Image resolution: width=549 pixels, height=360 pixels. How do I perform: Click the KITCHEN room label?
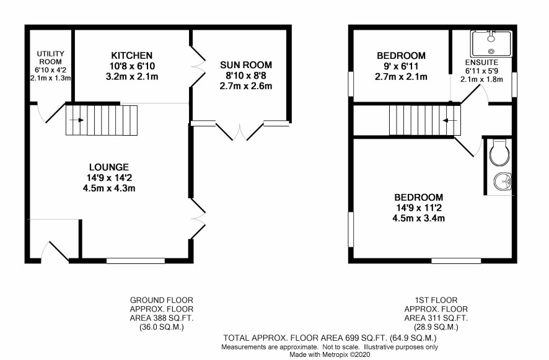pyautogui.click(x=131, y=55)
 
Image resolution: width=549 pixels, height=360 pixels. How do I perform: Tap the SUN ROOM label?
pyautogui.click(x=246, y=65)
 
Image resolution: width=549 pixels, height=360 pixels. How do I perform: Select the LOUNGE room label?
pyautogui.click(x=109, y=167)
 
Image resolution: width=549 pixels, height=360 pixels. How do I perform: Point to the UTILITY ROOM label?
pyautogui.click(x=51, y=58)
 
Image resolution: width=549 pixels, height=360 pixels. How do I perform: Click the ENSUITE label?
pyautogui.click(x=481, y=63)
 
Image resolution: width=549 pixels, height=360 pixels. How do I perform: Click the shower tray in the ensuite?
pyautogui.click(x=491, y=43)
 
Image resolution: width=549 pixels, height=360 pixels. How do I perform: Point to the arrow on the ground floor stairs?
pyautogui.click(x=76, y=120)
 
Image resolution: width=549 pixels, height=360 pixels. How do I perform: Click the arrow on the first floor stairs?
pyautogui.click(x=450, y=120)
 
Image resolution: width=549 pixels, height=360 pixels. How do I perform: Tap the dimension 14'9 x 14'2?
pyautogui.click(x=109, y=178)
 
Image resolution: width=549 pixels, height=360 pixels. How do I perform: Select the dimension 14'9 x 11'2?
pyautogui.click(x=419, y=208)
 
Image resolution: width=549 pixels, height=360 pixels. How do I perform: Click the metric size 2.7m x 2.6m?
pyautogui.click(x=246, y=86)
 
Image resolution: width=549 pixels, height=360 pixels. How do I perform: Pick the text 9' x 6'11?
pyautogui.click(x=401, y=66)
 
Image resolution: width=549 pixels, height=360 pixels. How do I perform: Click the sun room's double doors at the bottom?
pyautogui.click(x=240, y=131)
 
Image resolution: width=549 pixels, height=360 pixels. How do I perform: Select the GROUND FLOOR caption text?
pyautogui.click(x=161, y=300)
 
